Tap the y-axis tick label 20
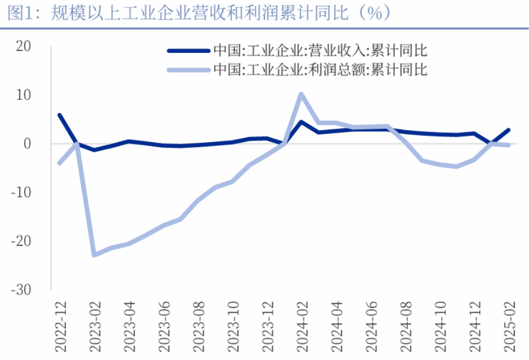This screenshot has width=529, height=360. click(x=23, y=47)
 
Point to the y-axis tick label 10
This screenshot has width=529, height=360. click(x=23, y=95)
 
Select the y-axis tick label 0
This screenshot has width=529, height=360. click(x=27, y=143)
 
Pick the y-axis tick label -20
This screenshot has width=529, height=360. click(x=21, y=240)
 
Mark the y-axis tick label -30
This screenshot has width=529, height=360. click(x=21, y=289)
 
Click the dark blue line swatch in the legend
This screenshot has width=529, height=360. click(x=188, y=51)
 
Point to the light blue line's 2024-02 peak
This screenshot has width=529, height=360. click(x=301, y=94)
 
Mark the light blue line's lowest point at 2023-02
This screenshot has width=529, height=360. click(x=94, y=255)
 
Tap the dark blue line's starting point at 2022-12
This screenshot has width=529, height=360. click(x=59, y=115)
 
